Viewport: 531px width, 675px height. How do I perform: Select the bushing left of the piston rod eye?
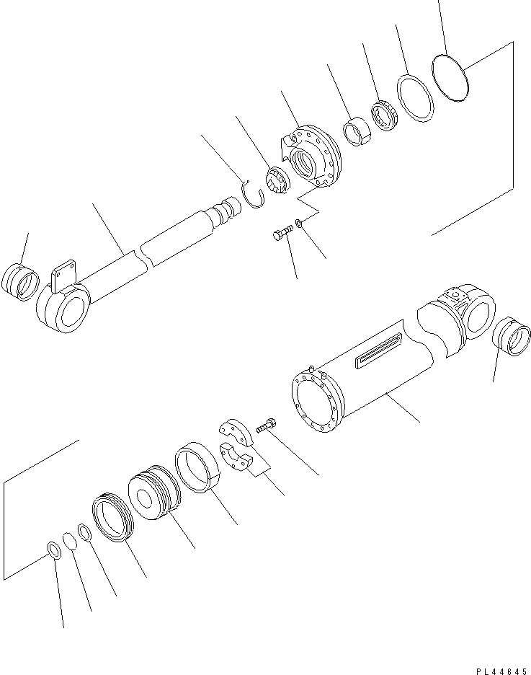coord(20,281)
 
